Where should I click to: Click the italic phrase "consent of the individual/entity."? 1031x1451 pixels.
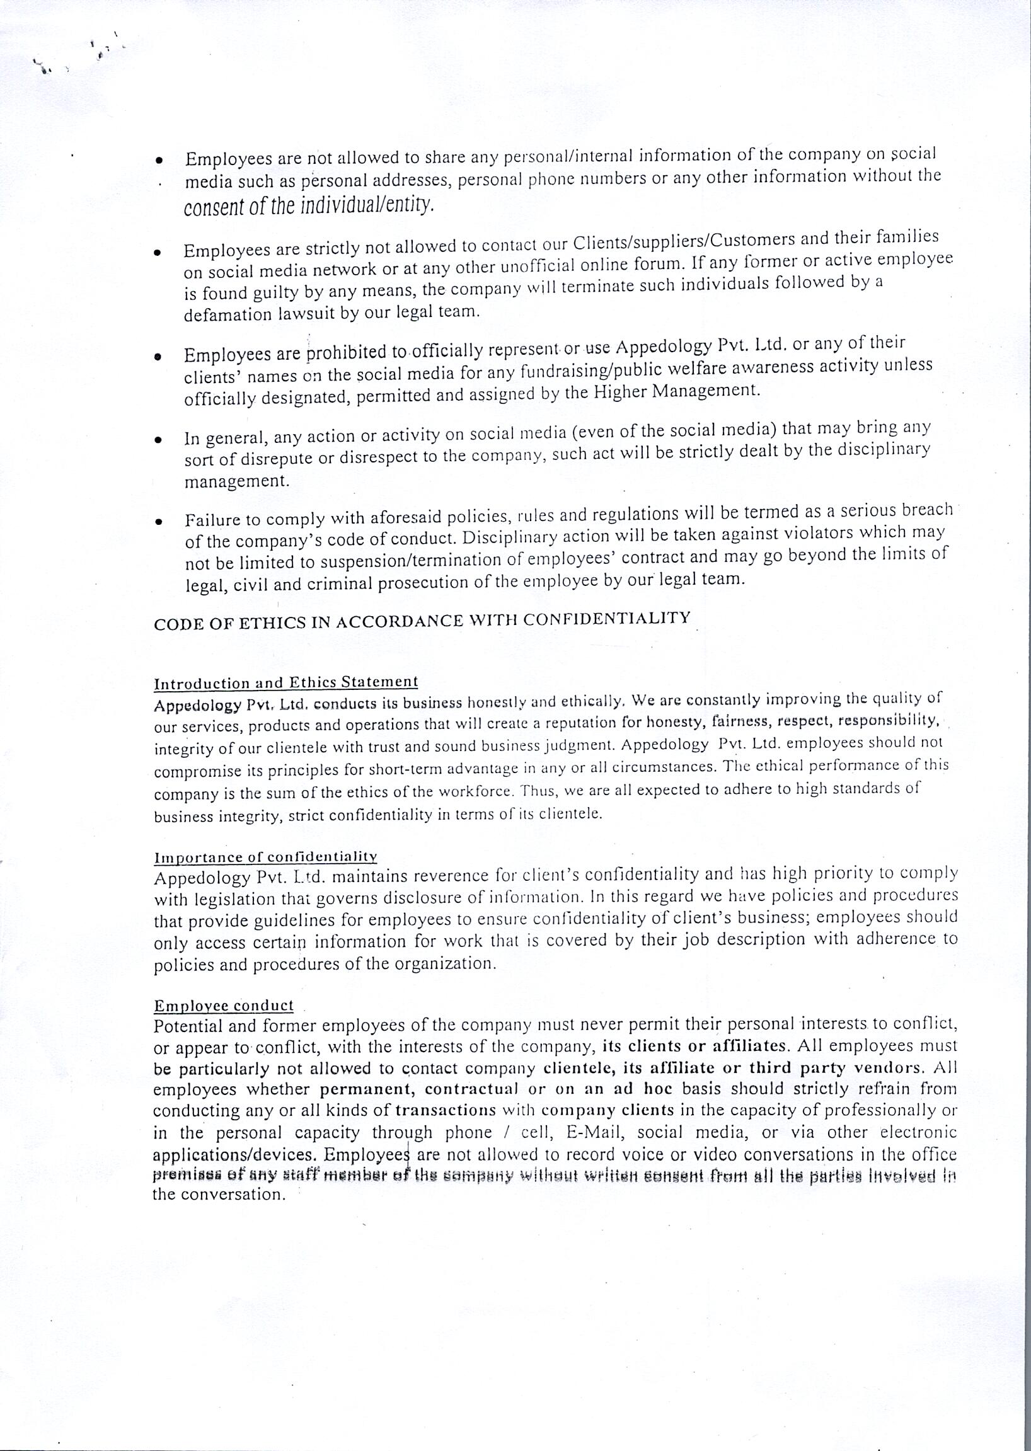pos(309,206)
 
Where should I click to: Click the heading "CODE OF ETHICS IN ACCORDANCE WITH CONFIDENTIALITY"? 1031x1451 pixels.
pos(422,620)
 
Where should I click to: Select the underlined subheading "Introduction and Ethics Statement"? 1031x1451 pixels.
pos(285,683)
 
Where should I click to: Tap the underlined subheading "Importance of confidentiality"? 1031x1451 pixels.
pos(266,857)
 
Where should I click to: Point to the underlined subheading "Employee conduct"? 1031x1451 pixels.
pos(224,1006)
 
